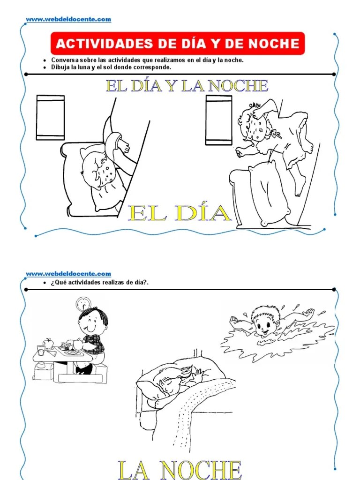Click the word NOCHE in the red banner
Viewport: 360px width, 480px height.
coord(273,44)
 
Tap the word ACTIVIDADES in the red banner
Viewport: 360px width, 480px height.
coord(105,44)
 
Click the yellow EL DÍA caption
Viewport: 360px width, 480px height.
coord(180,213)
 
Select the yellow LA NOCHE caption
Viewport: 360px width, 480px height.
coord(180,470)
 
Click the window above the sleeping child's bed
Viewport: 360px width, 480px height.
coord(51,118)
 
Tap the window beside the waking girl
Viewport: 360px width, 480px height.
coord(218,120)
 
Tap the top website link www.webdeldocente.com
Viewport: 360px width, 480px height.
coord(68,19)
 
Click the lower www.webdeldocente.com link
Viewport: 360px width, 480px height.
coord(68,274)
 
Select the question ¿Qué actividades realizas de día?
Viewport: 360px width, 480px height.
coord(100,283)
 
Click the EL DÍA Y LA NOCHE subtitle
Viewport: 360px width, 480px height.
coord(187,86)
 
